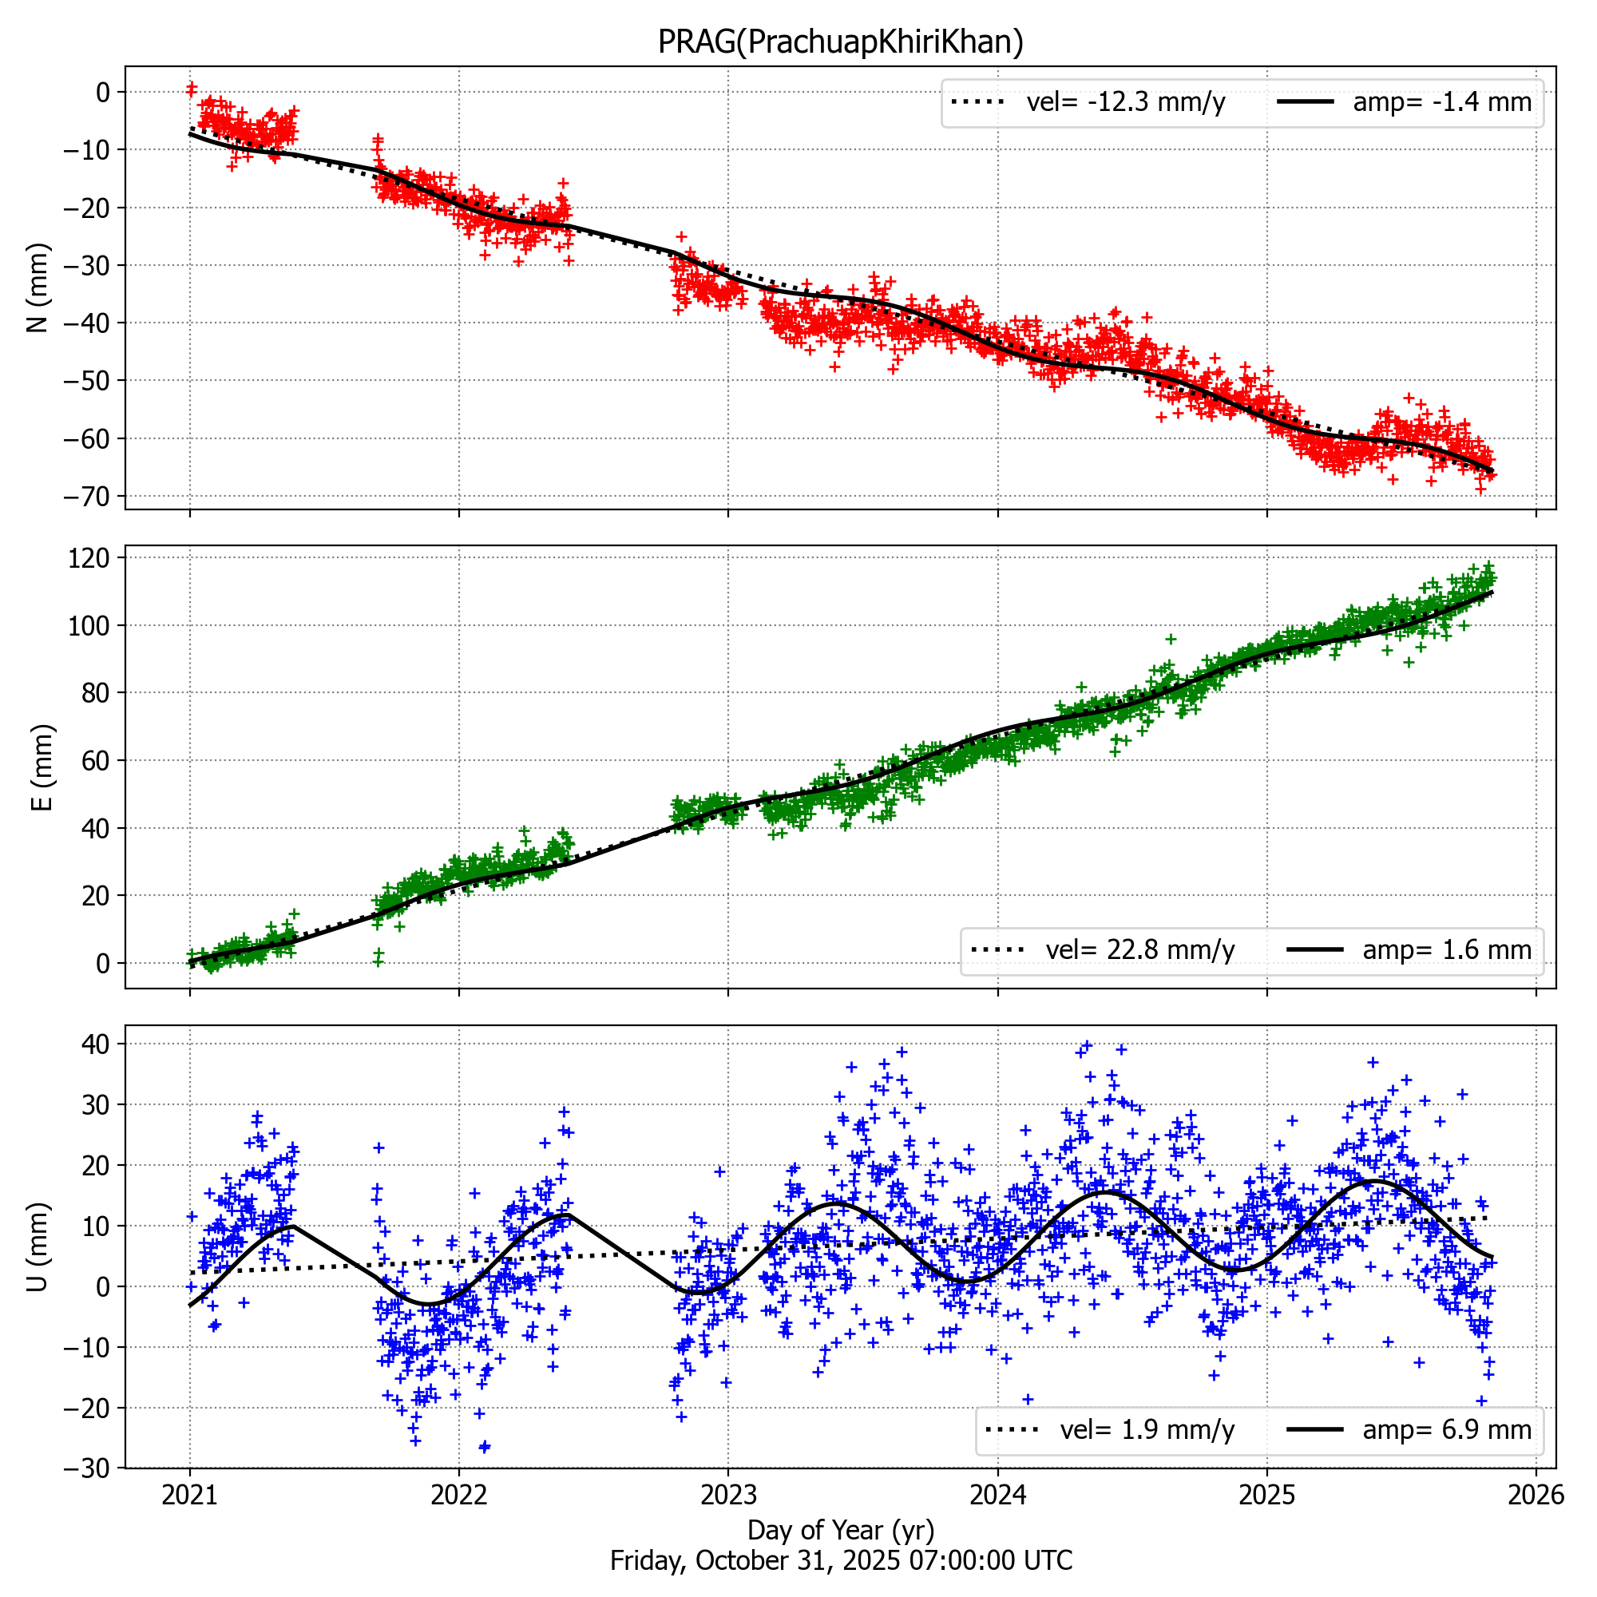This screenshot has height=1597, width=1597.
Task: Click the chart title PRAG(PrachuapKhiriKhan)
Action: click(840, 42)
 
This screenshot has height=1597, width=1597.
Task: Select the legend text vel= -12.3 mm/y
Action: click(1125, 102)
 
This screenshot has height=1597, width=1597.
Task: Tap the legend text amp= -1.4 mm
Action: click(1441, 102)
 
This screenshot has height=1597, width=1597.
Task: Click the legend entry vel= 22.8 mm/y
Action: click(1140, 949)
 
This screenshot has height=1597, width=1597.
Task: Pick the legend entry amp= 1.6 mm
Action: click(1447, 949)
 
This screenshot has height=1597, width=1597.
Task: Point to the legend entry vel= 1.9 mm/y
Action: click(1147, 1429)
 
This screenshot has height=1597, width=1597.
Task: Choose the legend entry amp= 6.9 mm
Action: click(1447, 1429)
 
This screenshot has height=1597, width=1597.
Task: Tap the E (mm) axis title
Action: click(42, 767)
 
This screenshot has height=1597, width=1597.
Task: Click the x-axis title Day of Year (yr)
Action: click(840, 1530)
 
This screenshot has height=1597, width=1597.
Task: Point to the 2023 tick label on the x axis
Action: click(727, 1495)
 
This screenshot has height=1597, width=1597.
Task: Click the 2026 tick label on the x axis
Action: click(1536, 1495)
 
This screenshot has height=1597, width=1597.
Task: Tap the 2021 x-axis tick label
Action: click(189, 1495)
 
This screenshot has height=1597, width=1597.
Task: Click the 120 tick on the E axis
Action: click(89, 558)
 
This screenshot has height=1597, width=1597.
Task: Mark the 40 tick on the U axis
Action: click(96, 1044)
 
